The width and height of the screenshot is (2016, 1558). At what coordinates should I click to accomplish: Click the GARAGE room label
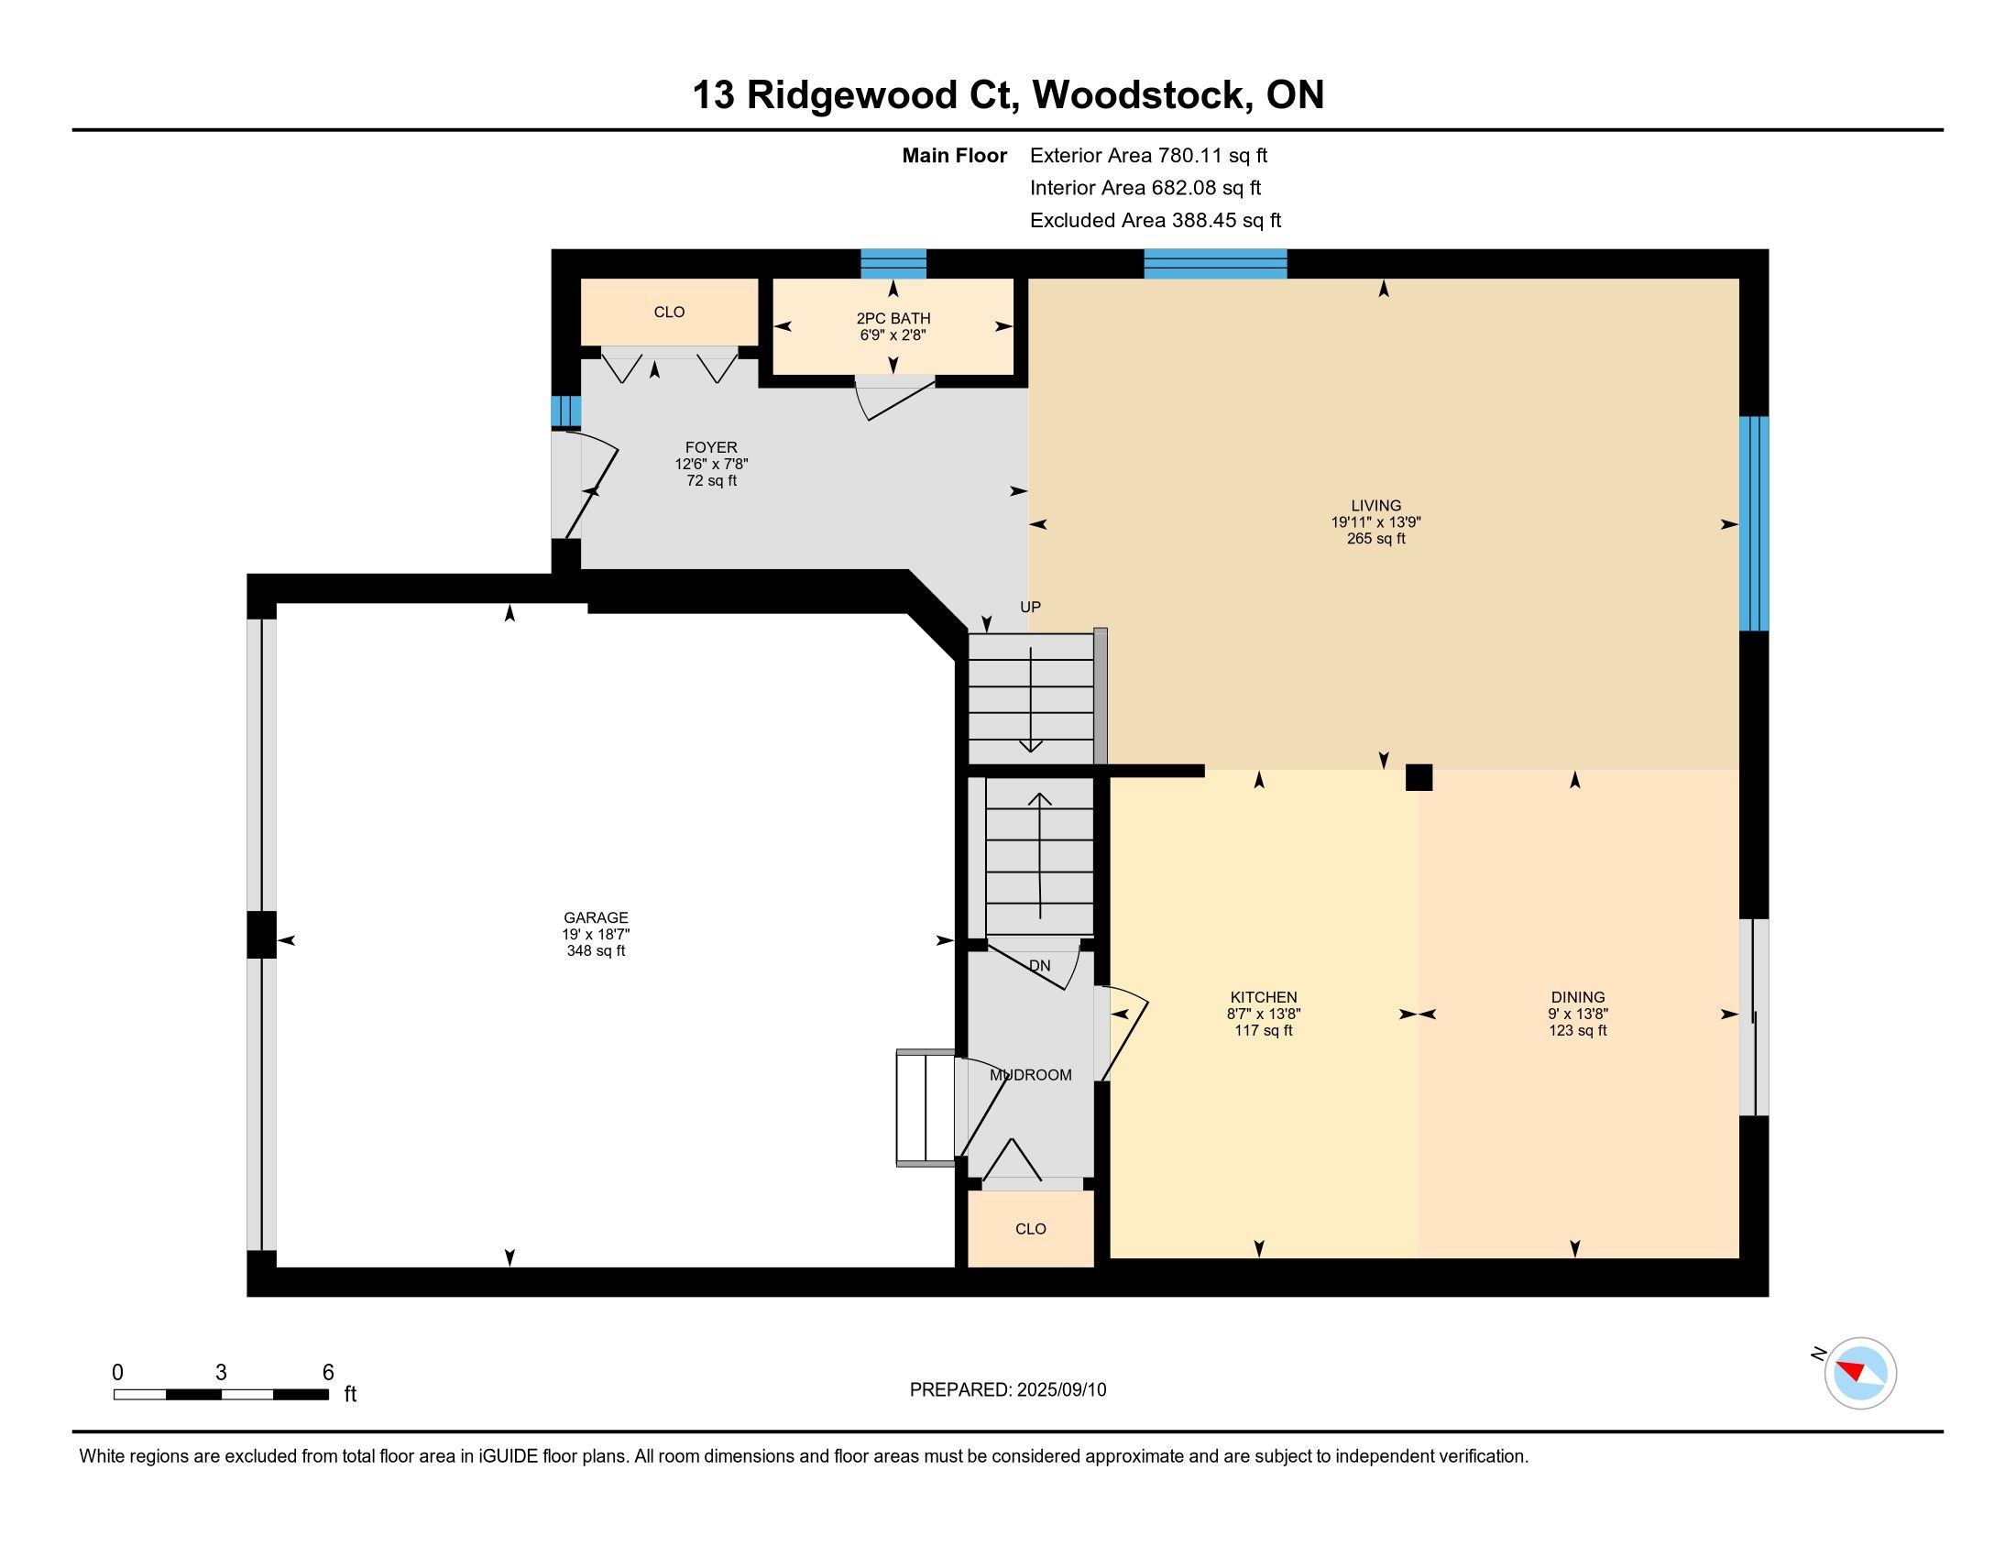pyautogui.click(x=596, y=917)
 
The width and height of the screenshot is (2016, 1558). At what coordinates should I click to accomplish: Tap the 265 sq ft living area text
pyautogui.click(x=1375, y=539)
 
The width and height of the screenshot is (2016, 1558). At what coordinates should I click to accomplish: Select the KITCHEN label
pyautogui.click(x=1263, y=997)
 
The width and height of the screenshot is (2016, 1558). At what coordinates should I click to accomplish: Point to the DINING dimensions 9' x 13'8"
pyautogui.click(x=1578, y=1014)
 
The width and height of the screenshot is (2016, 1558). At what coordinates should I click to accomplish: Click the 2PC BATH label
pyautogui.click(x=893, y=318)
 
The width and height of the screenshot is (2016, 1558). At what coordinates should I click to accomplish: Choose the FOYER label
pyautogui.click(x=711, y=447)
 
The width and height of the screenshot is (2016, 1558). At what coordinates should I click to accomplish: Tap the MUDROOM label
pyautogui.click(x=1030, y=1075)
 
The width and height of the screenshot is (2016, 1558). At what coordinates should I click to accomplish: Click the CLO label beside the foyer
pyautogui.click(x=669, y=312)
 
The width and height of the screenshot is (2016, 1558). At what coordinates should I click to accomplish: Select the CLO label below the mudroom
pyautogui.click(x=1030, y=1228)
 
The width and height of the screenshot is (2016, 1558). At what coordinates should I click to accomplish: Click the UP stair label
pyautogui.click(x=1030, y=608)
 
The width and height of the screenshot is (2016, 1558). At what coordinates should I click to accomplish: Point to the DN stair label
pyautogui.click(x=1039, y=965)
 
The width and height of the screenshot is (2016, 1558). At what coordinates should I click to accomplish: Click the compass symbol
pyautogui.click(x=1859, y=1373)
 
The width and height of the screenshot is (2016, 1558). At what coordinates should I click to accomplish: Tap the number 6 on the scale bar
pyautogui.click(x=328, y=1373)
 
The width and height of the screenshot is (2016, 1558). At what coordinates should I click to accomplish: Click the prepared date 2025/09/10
pyautogui.click(x=1060, y=1390)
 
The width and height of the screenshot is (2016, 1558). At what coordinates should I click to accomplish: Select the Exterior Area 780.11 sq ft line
pyautogui.click(x=1148, y=155)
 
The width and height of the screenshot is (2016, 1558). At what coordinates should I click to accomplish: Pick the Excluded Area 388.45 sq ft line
pyautogui.click(x=1155, y=221)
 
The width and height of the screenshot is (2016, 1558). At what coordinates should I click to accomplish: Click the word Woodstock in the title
pyautogui.click(x=1141, y=95)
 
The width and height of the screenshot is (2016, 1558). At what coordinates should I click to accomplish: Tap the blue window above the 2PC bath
pyautogui.click(x=893, y=263)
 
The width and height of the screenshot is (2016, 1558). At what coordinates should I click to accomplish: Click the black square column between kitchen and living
pyautogui.click(x=1419, y=777)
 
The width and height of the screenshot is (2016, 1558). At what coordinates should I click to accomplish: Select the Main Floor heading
pyautogui.click(x=954, y=155)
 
